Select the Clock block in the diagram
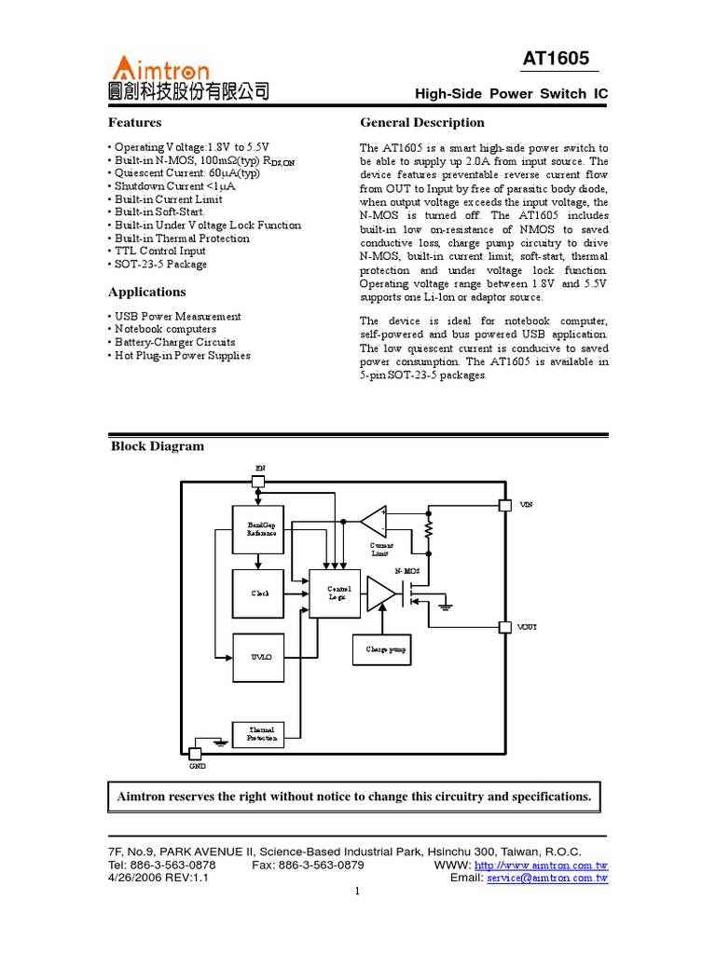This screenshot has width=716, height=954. [257, 593]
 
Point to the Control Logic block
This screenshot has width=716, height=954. [335, 593]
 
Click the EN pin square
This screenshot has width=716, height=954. [258, 482]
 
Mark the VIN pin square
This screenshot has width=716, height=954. [504, 505]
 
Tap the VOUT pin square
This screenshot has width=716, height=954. [504, 627]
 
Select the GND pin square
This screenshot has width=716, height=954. [195, 753]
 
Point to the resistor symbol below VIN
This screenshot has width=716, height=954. [428, 529]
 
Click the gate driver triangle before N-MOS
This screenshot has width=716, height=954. [380, 593]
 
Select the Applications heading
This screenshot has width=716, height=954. [146, 292]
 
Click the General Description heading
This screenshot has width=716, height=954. [421, 122]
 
